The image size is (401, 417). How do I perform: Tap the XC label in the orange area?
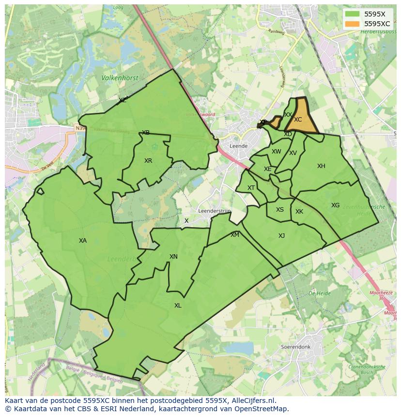click(298, 120)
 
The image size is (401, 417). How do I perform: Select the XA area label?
click(83, 241)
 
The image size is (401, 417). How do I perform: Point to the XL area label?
click(178, 306)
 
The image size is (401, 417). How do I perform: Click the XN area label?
click(173, 257)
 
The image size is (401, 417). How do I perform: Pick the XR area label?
click(148, 161)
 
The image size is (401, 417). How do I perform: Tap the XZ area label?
click(123, 100)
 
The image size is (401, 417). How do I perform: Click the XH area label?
click(321, 166)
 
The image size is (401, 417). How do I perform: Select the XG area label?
click(335, 205)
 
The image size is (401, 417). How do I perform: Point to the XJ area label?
click(281, 236)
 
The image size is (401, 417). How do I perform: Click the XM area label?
click(235, 235)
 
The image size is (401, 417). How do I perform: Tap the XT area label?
click(251, 188)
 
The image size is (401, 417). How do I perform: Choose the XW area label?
click(276, 152)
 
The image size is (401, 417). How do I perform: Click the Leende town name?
click(238, 146)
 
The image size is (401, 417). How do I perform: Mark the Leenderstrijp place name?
click(215, 211)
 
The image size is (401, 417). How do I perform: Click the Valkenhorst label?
click(120, 77)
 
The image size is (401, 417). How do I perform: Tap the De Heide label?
click(319, 293)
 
